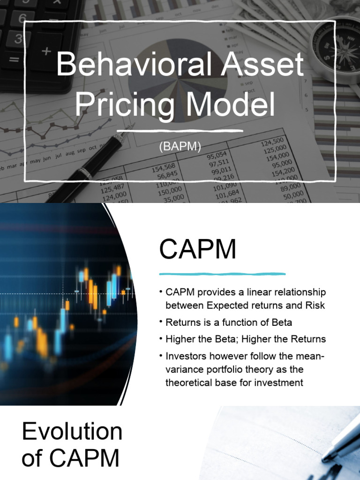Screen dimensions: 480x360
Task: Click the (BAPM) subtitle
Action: click(180, 147)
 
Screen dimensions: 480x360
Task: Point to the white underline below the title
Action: click(180, 130)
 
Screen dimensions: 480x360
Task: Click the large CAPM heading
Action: click(197, 250)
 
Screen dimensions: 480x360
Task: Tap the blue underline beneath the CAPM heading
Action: click(222, 273)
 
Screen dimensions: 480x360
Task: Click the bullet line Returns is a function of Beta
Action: click(229, 322)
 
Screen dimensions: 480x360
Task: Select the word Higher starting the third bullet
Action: click(181, 339)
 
